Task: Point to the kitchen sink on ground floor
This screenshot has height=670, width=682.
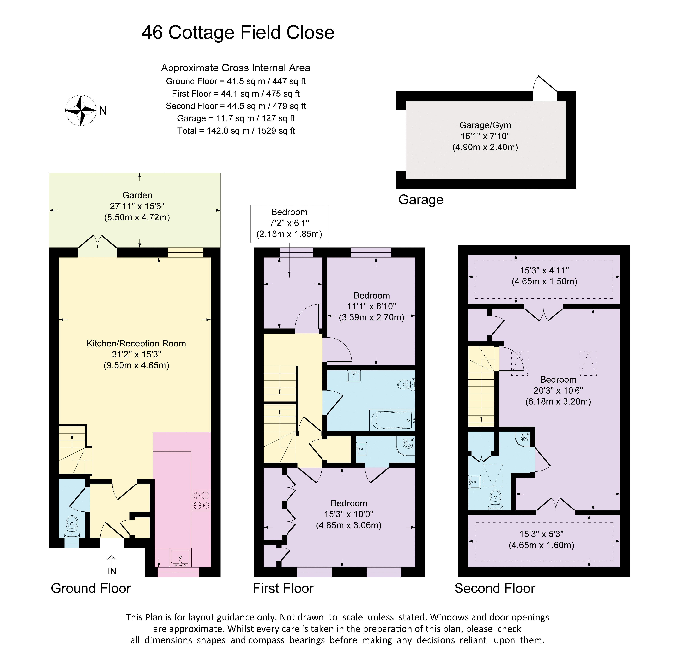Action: point(180,558)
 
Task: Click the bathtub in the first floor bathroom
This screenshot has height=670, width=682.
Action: point(392,420)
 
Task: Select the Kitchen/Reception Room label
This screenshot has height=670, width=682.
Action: point(136,343)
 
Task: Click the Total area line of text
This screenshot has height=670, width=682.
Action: point(236,131)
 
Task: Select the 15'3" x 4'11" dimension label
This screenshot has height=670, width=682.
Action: point(544,276)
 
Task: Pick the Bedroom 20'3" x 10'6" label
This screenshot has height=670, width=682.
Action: point(558,390)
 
